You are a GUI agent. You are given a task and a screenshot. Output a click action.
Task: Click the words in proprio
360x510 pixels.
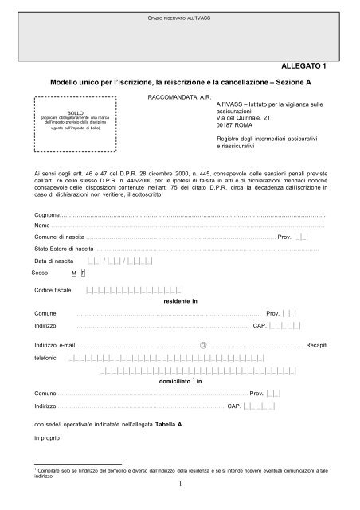(x=48, y=438)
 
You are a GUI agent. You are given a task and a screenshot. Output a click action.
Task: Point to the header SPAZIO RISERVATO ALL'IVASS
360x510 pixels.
(x=178, y=16)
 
